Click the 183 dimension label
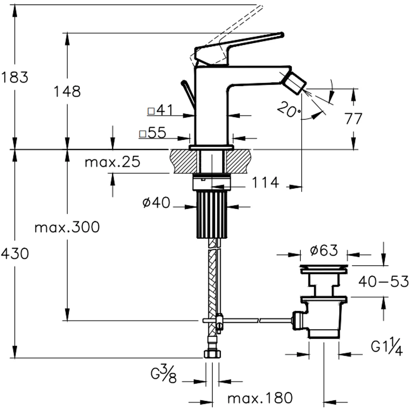click(x=14, y=77)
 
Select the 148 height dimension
click(x=67, y=91)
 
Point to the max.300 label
click(x=67, y=227)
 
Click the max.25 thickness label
click(x=112, y=162)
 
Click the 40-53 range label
click(x=383, y=282)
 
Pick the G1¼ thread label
click(x=386, y=348)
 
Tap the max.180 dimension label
click(x=260, y=398)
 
